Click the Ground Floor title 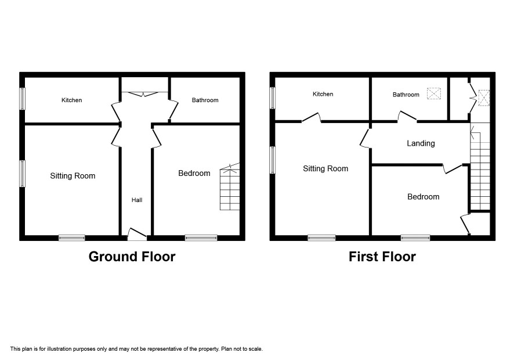pyautogui.click(x=132, y=257)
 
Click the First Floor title pyautogui.click(x=382, y=257)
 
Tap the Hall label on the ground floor pyautogui.click(x=137, y=200)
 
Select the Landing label pyautogui.click(x=421, y=143)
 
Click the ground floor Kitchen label pyautogui.click(x=72, y=100)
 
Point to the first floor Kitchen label pyautogui.click(x=323, y=94)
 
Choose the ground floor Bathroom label pyautogui.click(x=205, y=100)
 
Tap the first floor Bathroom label pyautogui.click(x=406, y=95)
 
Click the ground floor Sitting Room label pyautogui.click(x=73, y=176)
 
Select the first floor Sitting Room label pyautogui.click(x=325, y=169)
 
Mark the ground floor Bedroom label pyautogui.click(x=194, y=173)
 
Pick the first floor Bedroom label pyautogui.click(x=423, y=197)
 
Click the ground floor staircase pyautogui.click(x=230, y=187)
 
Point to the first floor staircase pyautogui.click(x=480, y=166)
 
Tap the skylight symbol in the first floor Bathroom pyautogui.click(x=434, y=93)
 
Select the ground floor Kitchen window pyautogui.click(x=22, y=99)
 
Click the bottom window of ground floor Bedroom pyautogui.click(x=201, y=238)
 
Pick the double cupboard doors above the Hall pyautogui.click(x=144, y=94)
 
